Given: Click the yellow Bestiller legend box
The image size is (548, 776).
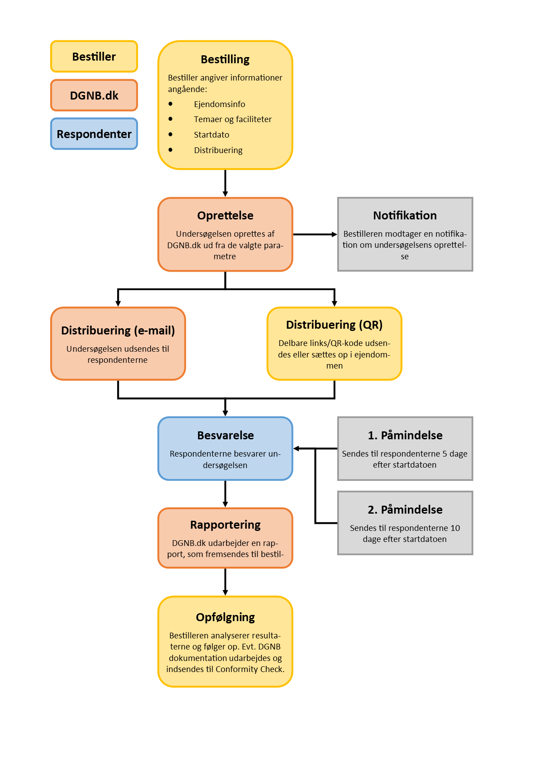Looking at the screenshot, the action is coord(94,57).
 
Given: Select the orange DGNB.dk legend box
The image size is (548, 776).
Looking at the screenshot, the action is coord(94,95).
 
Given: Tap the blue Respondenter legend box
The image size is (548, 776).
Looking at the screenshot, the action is coord(94,134).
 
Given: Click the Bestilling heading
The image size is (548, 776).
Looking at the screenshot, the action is coord(225,59).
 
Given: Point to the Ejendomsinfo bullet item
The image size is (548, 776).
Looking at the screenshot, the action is coord(219,104).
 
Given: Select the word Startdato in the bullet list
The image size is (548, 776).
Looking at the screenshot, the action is coord(211,134).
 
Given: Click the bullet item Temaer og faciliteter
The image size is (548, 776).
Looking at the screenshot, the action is coord(232,119).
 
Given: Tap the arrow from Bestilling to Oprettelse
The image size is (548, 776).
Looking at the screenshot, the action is coord(225,183).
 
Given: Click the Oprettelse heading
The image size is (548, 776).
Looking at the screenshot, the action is coord(225,215).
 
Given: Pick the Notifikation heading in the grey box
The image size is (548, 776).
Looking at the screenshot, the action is coord(405,215).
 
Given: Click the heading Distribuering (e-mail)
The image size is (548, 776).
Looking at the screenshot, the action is coord(118,330).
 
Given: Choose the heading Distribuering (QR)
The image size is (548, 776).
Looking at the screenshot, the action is coord(334,325).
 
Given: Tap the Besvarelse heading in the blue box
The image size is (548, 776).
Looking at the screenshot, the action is coord(225,435).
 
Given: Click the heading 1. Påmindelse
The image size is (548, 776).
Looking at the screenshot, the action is coord(405,435).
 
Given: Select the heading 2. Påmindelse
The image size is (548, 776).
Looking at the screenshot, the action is coord(405,510).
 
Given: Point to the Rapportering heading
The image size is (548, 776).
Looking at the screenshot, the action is coord(225,525).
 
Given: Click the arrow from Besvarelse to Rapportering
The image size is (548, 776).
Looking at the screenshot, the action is coord(225,494).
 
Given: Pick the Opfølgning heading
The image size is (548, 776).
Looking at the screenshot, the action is coord(225,617).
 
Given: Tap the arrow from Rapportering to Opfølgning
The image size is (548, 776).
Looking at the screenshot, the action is coord(225,582).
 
